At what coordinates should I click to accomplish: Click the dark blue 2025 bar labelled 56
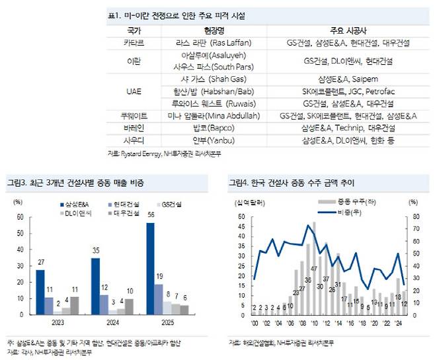[x=151, y=268]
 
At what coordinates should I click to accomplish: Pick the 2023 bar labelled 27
[x=41, y=292]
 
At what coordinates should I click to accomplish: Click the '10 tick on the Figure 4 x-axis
[x=313, y=323]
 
